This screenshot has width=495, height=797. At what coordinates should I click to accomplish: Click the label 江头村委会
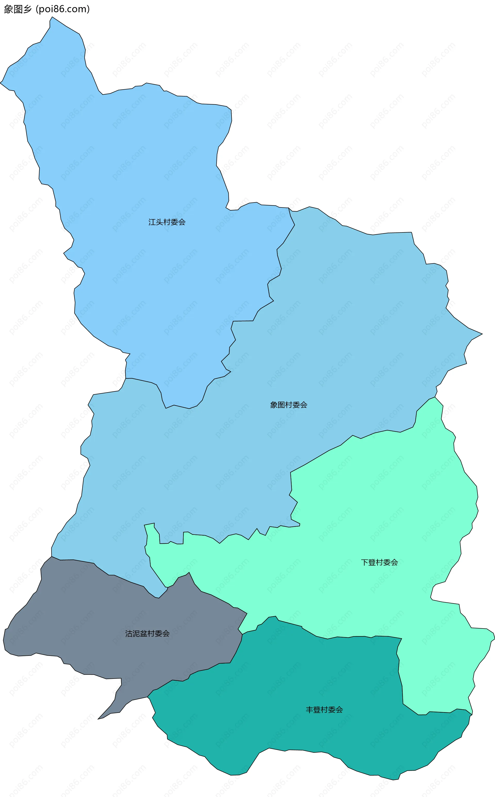tap(167, 222)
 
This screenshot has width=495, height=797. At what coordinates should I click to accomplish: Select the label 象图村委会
tap(288, 405)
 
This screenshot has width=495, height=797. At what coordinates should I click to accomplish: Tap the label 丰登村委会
tap(324, 710)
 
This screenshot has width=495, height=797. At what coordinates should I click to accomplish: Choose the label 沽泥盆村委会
tap(147, 633)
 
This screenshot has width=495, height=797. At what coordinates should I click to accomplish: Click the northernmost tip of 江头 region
tap(52, 17)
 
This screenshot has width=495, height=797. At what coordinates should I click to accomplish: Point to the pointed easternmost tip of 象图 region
tap(482, 334)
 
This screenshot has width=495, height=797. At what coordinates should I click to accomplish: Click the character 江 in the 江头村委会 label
tap(152, 222)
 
